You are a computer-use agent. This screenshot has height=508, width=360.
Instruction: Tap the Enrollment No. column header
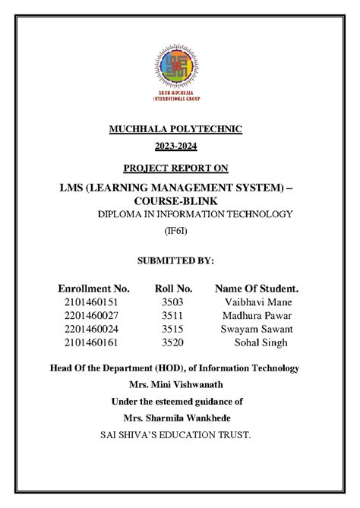[x=94, y=289]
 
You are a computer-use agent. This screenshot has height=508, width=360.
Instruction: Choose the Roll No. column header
[x=173, y=289]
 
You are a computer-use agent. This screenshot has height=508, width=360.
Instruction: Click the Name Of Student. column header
[x=257, y=289]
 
